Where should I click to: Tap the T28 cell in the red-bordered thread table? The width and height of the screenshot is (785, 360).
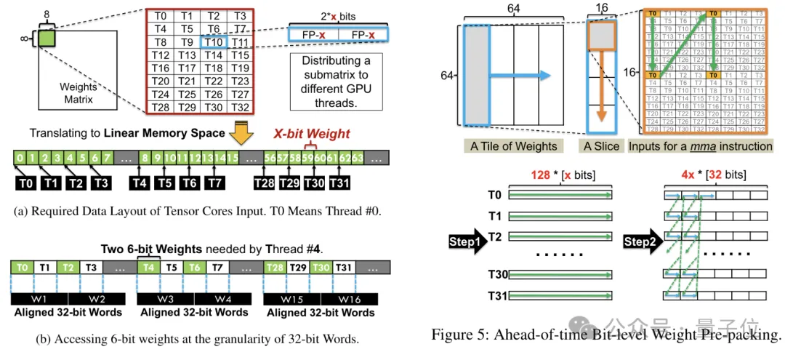click(161, 107)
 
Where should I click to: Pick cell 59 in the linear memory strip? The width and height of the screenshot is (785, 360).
click(307, 158)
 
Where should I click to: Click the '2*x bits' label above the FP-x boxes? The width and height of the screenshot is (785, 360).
click(336, 16)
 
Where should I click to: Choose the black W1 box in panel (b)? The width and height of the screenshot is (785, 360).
click(39, 299)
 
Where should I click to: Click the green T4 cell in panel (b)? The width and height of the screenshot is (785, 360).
click(148, 268)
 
